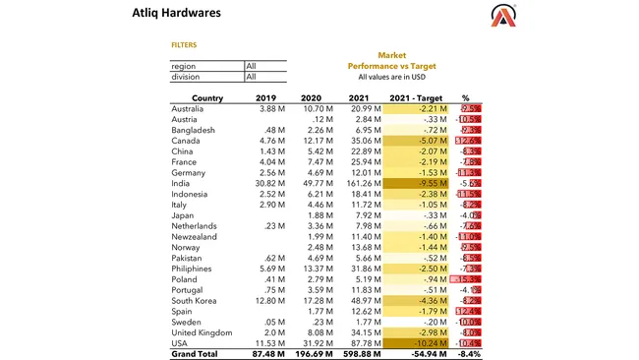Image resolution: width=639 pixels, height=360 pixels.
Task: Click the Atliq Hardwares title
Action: (176, 13)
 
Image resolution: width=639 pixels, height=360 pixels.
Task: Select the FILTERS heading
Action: (184, 45)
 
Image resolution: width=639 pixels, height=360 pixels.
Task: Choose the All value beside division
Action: (251, 77)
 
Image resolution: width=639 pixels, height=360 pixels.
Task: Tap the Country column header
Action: (206, 98)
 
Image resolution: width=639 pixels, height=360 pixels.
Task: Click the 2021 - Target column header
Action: (418, 98)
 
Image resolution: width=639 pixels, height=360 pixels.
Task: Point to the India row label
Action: (182, 183)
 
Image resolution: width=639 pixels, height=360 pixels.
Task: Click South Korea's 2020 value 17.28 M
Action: (314, 300)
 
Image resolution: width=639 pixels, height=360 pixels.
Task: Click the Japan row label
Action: (183, 215)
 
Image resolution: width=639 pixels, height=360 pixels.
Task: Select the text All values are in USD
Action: (392, 77)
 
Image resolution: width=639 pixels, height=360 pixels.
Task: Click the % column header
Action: (466, 98)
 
